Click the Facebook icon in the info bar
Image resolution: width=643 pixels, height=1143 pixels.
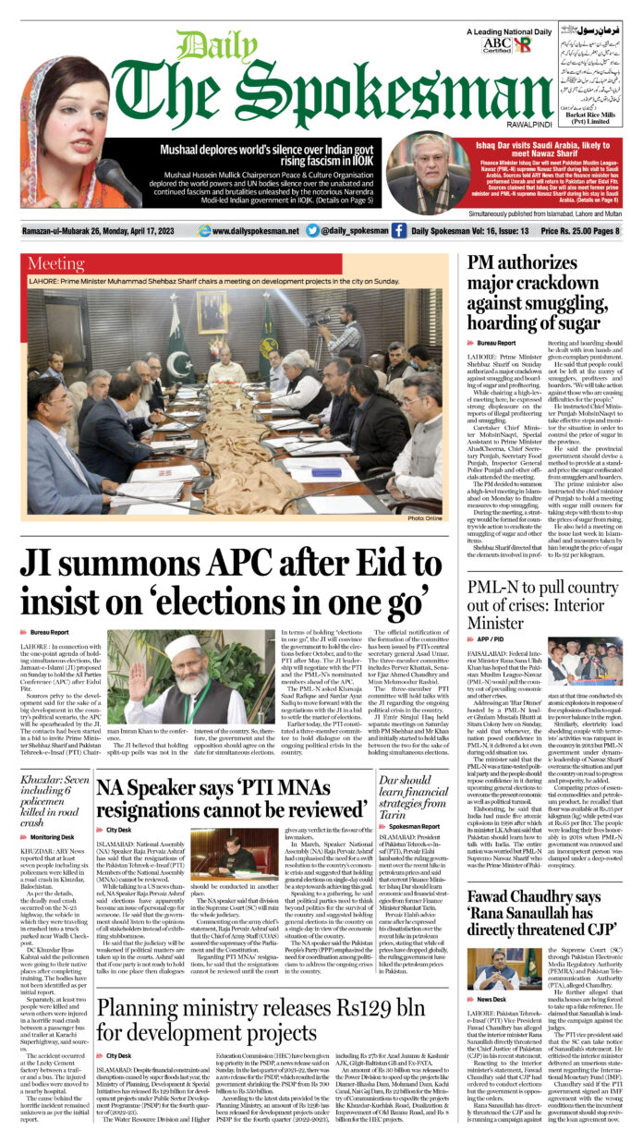(398, 231)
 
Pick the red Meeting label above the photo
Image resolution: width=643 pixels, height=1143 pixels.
(56, 263)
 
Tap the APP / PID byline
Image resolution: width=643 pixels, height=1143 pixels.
(491, 638)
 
